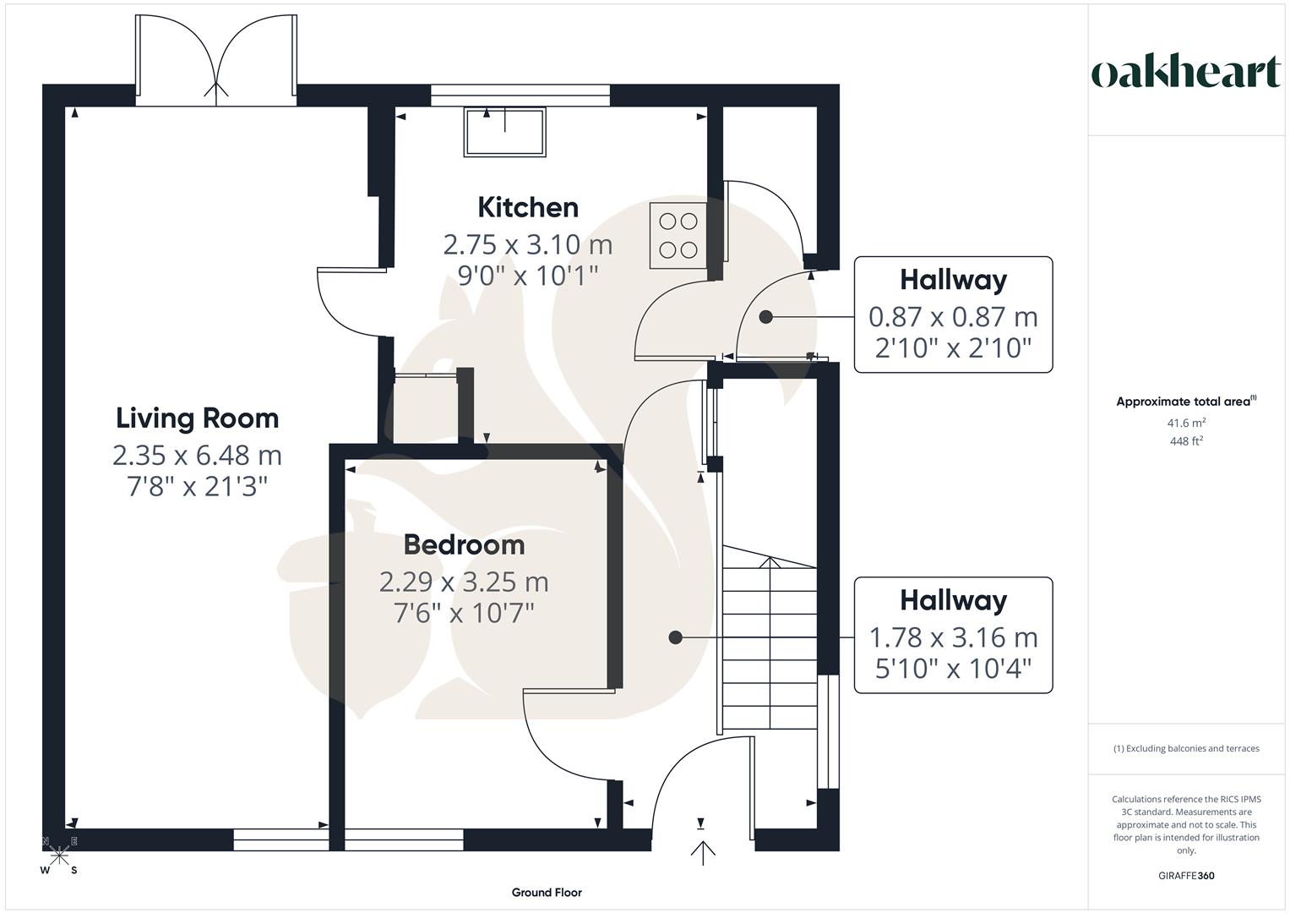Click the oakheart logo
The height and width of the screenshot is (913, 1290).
(x=1185, y=73)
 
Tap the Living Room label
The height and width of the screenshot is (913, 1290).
(x=197, y=418)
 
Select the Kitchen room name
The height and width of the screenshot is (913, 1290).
(x=528, y=207)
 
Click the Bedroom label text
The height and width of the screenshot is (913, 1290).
(x=464, y=545)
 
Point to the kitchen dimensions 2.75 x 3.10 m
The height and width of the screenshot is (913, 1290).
(x=528, y=245)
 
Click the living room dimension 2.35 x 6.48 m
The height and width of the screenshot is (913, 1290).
(x=197, y=456)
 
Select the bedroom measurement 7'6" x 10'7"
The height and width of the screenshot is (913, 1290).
(x=464, y=612)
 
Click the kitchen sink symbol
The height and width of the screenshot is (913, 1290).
(x=504, y=132)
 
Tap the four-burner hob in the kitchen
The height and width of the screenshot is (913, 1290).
(x=678, y=236)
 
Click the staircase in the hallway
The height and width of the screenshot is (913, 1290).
(x=769, y=647)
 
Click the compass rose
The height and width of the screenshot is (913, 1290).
(x=59, y=856)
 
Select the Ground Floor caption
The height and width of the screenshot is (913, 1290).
(x=547, y=893)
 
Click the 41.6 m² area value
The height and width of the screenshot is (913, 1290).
(x=1186, y=424)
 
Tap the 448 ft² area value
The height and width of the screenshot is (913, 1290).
(x=1186, y=441)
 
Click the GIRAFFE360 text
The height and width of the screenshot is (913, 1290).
(x=1186, y=876)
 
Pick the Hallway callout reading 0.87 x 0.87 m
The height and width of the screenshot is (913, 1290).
(x=953, y=314)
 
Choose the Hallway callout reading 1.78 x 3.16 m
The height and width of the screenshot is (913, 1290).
(x=953, y=635)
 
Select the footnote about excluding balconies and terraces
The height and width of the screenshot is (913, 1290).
(x=1186, y=748)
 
